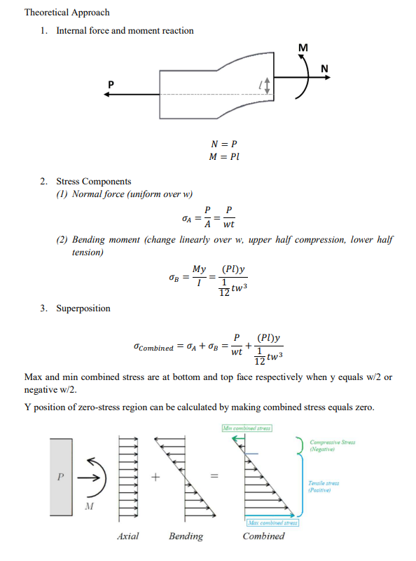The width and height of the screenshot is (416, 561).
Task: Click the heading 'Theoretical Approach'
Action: point(67,13)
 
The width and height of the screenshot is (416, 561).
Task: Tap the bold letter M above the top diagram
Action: point(303,48)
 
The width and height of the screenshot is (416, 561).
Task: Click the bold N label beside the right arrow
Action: point(324,68)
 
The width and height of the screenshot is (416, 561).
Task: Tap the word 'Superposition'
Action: point(83,308)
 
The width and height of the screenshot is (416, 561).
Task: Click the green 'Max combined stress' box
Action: point(272,522)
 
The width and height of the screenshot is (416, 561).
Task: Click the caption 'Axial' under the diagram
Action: point(127,536)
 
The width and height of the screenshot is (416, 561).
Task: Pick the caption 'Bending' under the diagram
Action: point(186,536)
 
